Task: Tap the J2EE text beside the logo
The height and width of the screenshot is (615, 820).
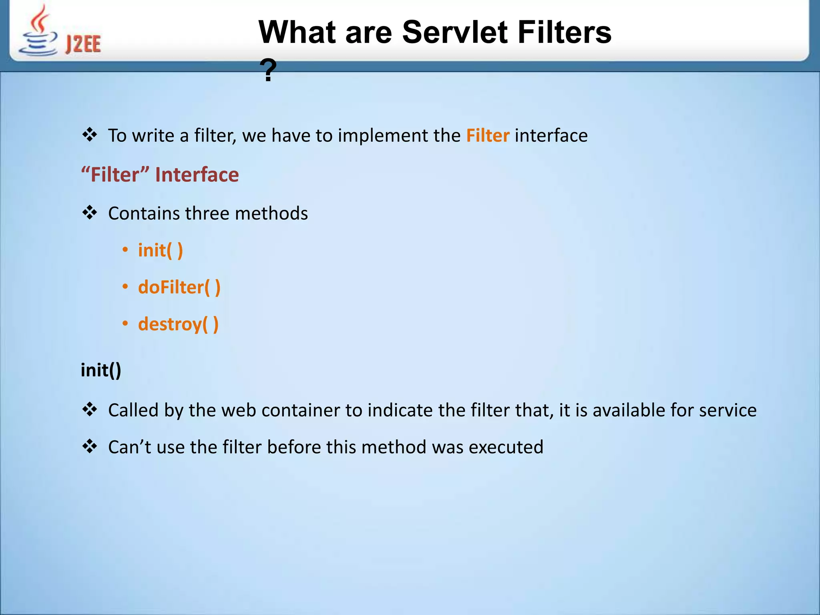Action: [83, 44]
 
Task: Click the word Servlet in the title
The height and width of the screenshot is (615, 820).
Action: [455, 32]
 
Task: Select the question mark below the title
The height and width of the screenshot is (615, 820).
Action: [268, 70]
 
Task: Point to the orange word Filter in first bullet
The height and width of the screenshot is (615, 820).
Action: [487, 135]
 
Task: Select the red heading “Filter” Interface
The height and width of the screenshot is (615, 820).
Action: [160, 175]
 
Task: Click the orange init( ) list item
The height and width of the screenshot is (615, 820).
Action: [160, 250]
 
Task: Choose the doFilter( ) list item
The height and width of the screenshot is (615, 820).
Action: [179, 287]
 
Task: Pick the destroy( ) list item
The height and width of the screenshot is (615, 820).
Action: [178, 324]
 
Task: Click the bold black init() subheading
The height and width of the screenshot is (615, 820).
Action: [100, 370]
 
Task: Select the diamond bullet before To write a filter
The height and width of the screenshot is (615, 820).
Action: [90, 135]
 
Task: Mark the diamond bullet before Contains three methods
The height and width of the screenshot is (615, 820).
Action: [90, 212]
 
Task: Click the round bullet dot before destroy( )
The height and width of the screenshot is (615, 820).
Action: [125, 324]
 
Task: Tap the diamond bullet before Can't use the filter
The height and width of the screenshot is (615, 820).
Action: [90, 446]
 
